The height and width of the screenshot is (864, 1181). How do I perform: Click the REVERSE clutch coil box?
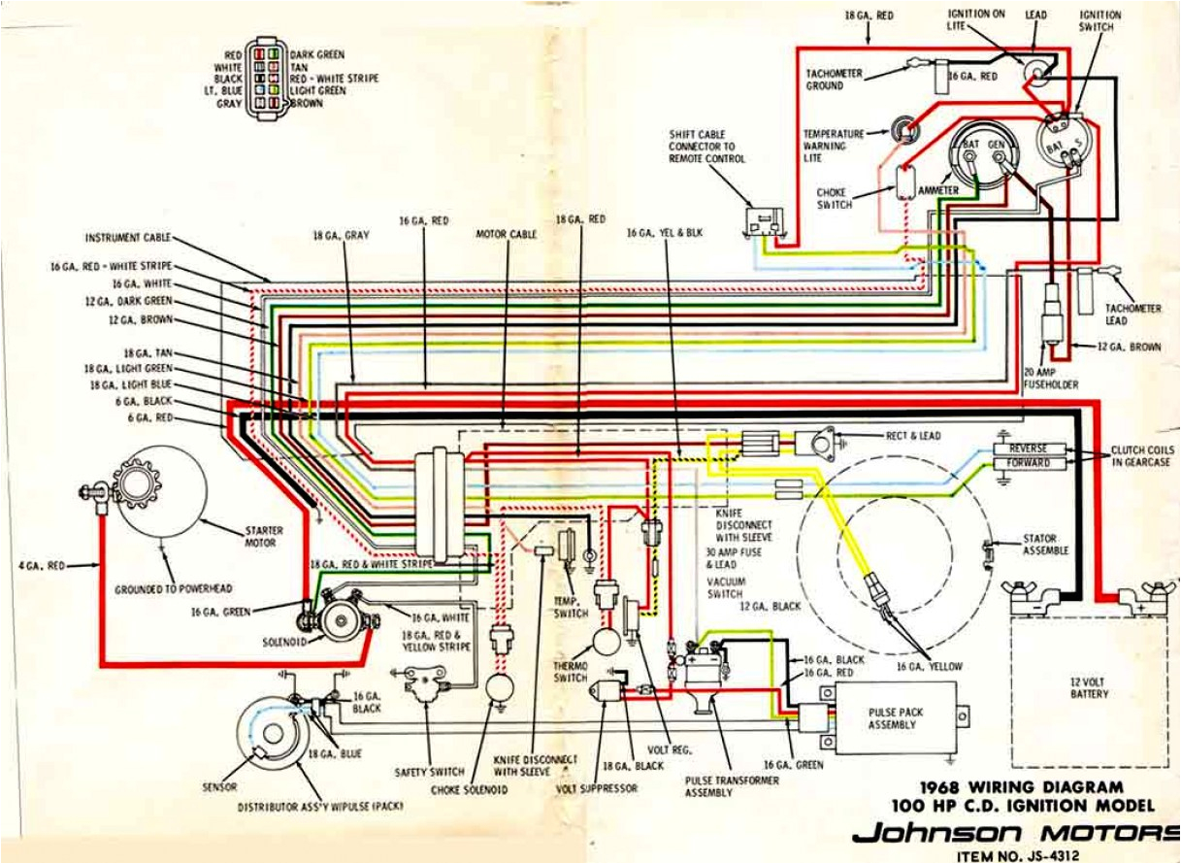point(1029,449)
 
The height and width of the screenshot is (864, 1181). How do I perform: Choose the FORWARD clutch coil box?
point(1029,464)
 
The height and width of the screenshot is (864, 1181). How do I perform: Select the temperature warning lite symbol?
point(904,129)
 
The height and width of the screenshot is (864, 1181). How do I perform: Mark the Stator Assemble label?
point(1045,545)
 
